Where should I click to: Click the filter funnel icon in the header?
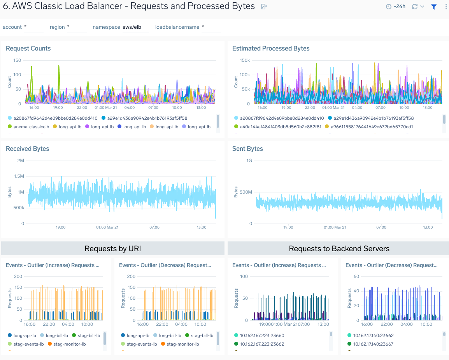(x=434, y=7)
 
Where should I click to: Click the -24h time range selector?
(x=396, y=7)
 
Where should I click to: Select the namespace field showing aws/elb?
(x=135, y=27)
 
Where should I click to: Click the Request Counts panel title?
(x=28, y=49)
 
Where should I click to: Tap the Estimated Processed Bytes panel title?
(x=270, y=49)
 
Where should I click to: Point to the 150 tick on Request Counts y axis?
(x=17, y=60)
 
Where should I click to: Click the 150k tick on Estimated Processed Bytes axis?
(x=244, y=60)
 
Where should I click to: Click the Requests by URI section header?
(x=112, y=248)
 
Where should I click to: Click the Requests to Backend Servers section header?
(x=339, y=248)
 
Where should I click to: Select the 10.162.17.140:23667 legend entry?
(x=372, y=344)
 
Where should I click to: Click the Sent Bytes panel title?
(x=247, y=149)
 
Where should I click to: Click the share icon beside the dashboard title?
(x=264, y=7)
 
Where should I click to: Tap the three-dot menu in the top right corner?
(x=446, y=7)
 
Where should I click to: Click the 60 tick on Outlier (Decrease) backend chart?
(x=356, y=276)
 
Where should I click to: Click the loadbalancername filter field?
(x=210, y=27)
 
